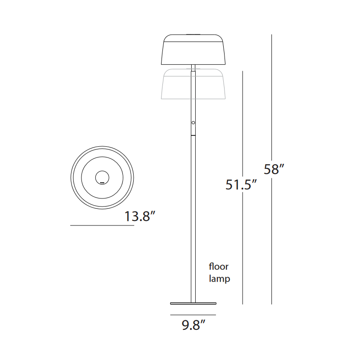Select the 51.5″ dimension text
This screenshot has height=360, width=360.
pos(241,185)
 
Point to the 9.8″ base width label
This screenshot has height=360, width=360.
pos(194,324)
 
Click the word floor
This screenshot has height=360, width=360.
pos(219,266)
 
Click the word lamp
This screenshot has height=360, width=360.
pos(220,279)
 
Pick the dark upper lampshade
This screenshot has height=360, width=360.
pos(193,52)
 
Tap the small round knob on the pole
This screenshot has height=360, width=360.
pos(193,123)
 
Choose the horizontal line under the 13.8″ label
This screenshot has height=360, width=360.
pos(102,225)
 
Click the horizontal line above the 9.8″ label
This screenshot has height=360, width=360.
pos(193,315)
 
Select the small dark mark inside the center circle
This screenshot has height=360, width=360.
pos(102,182)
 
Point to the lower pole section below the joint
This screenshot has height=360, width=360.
pos(193,216)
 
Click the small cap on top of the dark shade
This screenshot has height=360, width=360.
pos(193,33)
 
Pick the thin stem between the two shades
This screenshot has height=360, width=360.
pos(193,67)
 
